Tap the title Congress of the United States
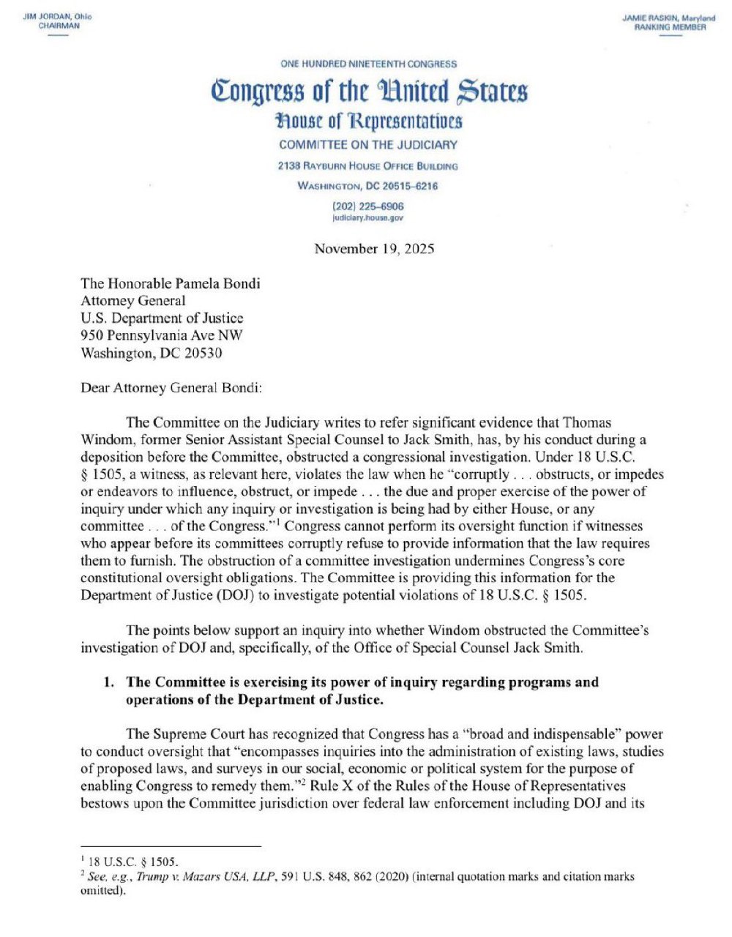click(369, 93)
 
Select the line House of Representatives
click(369, 121)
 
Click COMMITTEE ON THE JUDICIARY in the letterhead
click(368, 145)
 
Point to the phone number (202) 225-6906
click(368, 206)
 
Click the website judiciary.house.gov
click(368, 217)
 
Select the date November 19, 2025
click(374, 249)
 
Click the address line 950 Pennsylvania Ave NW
click(162, 335)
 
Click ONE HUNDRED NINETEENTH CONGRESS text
click(368, 64)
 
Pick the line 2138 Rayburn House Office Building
click(368, 166)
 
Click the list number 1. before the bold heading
click(108, 682)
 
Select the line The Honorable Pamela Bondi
click(170, 283)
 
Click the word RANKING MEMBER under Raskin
click(670, 27)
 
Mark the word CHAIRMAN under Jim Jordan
click(59, 26)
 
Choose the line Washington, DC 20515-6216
click(368, 186)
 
